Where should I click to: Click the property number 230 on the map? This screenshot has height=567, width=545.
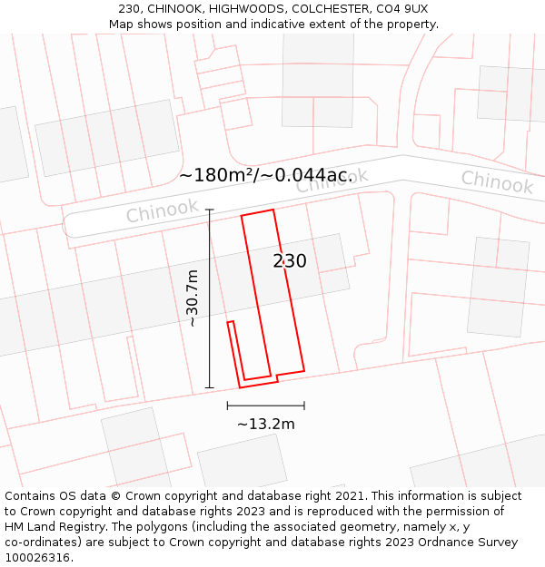pos(290,261)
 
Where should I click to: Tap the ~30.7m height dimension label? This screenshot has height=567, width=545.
pos(193,298)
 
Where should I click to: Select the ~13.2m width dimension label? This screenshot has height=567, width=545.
pos(266,424)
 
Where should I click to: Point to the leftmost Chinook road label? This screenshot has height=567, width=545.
pos(162,211)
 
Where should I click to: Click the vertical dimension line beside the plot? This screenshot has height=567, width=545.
pos(210,298)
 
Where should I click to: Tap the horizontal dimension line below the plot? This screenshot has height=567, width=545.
pos(265,406)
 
